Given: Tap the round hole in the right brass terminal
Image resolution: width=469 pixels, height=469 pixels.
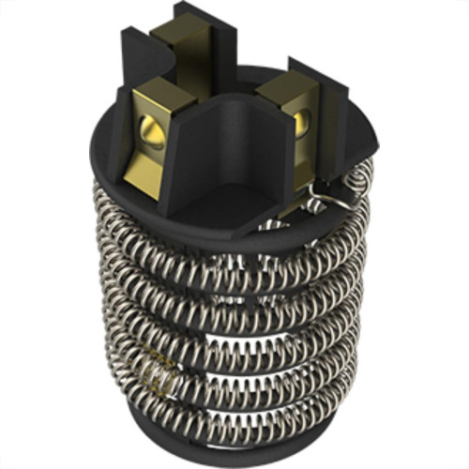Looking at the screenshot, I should [300, 120].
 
